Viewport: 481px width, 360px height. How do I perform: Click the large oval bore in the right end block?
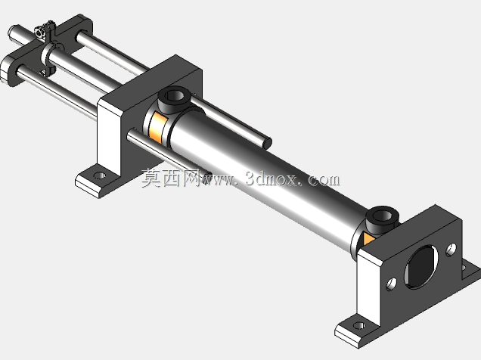(421, 267)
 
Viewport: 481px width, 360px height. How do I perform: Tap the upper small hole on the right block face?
(452, 250)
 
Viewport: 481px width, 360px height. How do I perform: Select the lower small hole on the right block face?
(391, 284)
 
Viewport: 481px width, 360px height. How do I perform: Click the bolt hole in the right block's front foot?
(359, 325)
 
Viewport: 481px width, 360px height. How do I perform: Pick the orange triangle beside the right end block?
(368, 238)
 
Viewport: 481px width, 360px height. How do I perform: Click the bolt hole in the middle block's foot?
(99, 175)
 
